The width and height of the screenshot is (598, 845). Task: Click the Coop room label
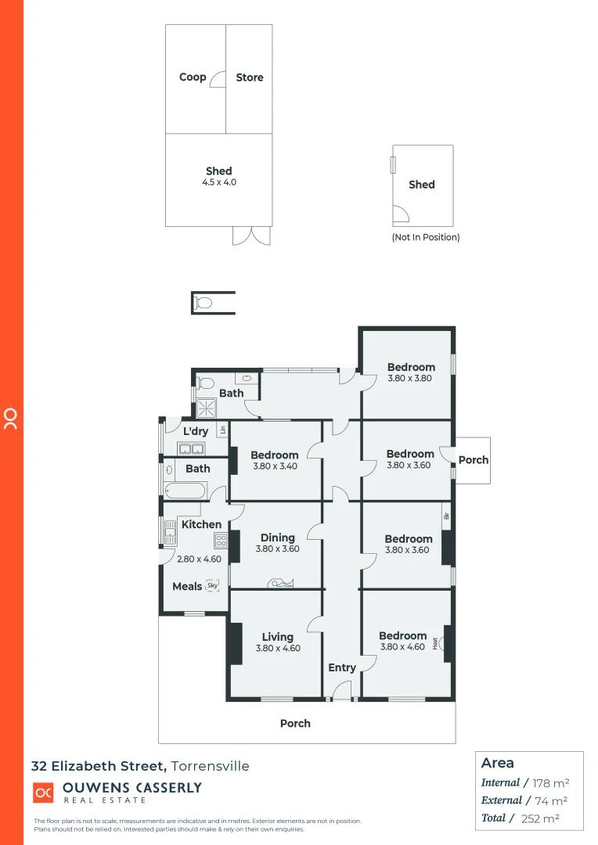coord(193,77)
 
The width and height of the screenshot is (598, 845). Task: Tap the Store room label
coord(250,77)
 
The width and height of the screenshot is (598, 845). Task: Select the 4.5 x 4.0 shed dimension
coord(219,182)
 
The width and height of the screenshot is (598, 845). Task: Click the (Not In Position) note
coord(426,237)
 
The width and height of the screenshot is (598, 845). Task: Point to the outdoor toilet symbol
coord(204,303)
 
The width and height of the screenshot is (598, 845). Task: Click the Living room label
coord(278,637)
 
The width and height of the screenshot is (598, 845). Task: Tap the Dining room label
coord(278,538)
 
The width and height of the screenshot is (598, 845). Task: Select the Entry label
coord(342,667)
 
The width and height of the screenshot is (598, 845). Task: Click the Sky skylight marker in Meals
coord(212,585)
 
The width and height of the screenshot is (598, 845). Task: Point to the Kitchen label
coord(201,524)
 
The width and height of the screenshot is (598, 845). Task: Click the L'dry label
coord(196,431)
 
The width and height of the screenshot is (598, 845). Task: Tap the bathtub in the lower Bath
coord(185,491)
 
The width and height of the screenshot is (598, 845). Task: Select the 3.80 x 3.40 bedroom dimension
coord(275,466)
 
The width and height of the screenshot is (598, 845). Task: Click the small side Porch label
coord(474,460)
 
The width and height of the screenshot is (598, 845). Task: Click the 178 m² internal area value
coord(550,782)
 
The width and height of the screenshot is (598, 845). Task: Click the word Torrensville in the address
coord(211,766)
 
